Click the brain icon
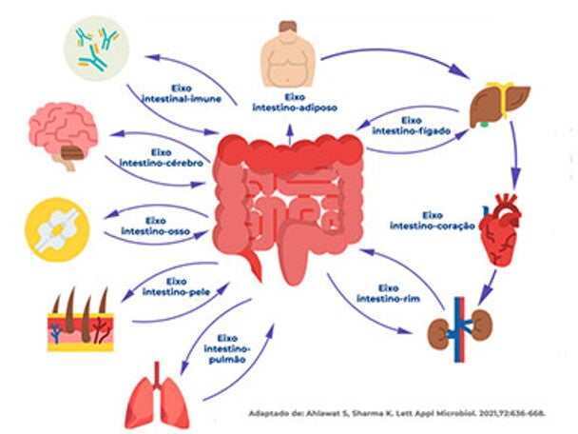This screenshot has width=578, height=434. pyautogui.click(x=64, y=131)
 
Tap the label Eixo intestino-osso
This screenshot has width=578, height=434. pyautogui.click(x=159, y=227)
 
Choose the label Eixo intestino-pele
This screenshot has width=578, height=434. pyautogui.click(x=177, y=286)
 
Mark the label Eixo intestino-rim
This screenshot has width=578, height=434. pyautogui.click(x=389, y=292)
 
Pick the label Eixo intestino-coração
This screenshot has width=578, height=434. pyautogui.click(x=431, y=220)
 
